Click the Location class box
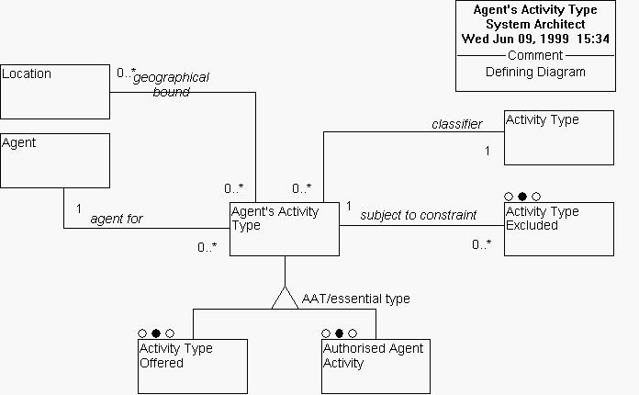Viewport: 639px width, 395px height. click(55, 92)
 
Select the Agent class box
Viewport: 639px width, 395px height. click(55, 161)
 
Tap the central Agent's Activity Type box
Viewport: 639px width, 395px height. click(284, 230)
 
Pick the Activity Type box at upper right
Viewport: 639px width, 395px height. click(558, 138)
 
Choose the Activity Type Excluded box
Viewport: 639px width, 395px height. click(558, 229)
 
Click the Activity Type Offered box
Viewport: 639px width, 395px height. click(193, 366)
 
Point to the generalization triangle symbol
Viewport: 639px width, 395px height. click(285, 297)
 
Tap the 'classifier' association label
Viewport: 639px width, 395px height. click(456, 123)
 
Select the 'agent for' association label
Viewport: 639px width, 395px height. click(116, 220)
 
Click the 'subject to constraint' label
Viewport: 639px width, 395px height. click(418, 215)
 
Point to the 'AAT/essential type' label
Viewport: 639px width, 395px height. click(356, 299)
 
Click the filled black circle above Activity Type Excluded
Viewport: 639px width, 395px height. click(522, 197)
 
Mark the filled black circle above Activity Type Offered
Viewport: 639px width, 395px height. click(156, 333)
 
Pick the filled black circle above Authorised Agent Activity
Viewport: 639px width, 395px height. click(339, 333)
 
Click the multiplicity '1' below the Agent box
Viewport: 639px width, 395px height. click(80, 208)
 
